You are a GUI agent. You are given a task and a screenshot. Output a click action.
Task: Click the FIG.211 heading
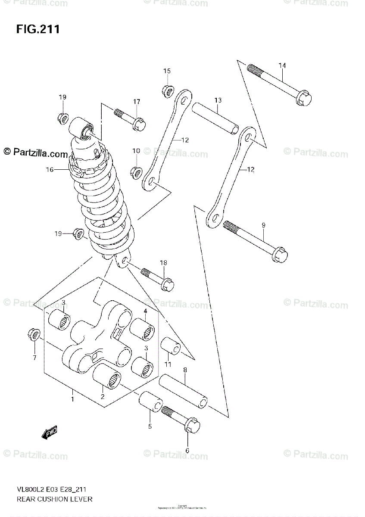[38, 29]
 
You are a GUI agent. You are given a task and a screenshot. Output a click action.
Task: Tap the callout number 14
[282, 65]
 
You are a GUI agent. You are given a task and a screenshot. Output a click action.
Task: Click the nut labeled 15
[168, 91]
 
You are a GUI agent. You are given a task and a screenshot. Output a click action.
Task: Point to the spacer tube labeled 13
[215, 117]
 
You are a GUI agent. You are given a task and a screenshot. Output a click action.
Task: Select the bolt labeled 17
[131, 119]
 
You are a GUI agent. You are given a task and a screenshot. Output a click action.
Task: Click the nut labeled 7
[34, 334]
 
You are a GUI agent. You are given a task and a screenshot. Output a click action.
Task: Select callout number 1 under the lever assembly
[72, 399]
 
